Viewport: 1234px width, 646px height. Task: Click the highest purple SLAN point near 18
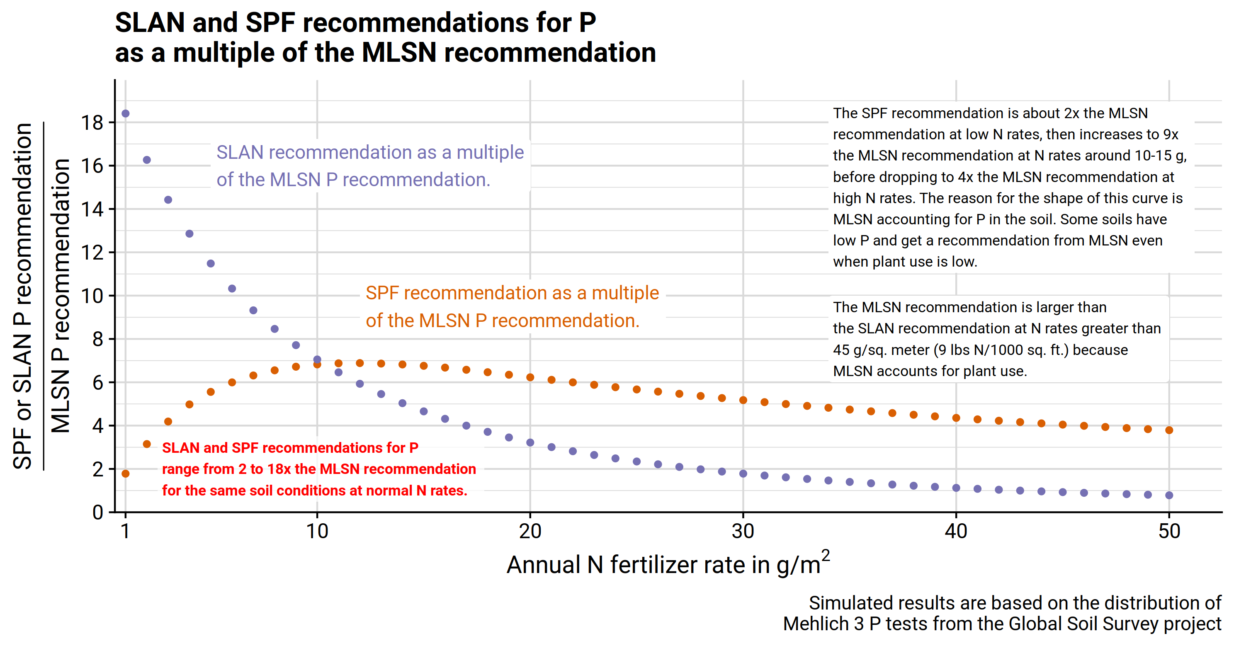pos(126,114)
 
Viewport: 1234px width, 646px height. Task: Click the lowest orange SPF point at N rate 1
pos(126,474)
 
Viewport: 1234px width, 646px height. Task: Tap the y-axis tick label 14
pos(92,209)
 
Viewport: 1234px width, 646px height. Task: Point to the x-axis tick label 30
pos(743,531)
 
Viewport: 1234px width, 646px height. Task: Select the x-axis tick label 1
pos(126,531)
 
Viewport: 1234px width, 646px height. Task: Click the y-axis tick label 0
pos(98,512)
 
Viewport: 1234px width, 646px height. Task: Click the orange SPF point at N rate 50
pos(1169,430)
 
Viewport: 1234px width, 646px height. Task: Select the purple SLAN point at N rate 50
pos(1169,495)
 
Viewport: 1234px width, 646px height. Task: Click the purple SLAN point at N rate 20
pos(530,442)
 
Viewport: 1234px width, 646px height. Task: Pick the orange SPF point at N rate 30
pos(743,400)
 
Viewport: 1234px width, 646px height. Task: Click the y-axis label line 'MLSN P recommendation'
pos(61,296)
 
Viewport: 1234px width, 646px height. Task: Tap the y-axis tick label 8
pos(98,339)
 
